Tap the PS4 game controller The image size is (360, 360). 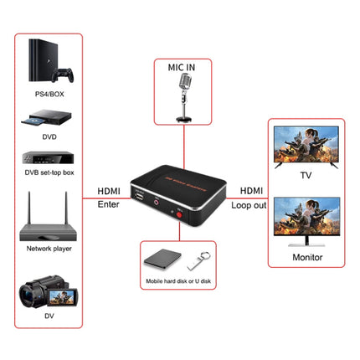coord(62,75)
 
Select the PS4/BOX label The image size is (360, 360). coord(48,95)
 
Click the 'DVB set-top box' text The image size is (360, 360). coord(49,173)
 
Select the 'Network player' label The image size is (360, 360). coord(49,249)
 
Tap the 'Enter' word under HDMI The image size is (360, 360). coord(109,203)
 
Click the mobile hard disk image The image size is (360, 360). coord(160,260)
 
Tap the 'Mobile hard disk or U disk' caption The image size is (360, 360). coord(178,282)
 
